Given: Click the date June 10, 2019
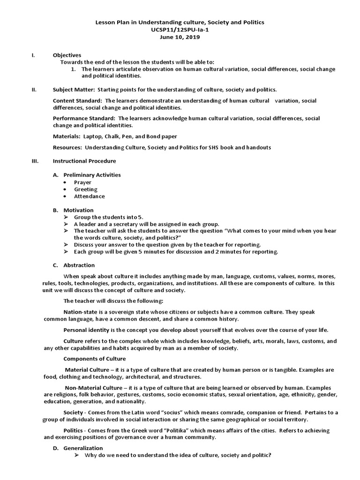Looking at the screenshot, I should (x=180, y=37).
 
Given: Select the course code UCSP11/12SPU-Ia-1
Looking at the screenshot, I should (x=180, y=30).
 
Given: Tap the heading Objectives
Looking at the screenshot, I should (x=67, y=55).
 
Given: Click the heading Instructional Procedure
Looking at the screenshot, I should (x=84, y=161).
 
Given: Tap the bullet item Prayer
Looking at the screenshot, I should (x=82, y=182).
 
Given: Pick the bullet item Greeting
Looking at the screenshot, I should (x=86, y=189).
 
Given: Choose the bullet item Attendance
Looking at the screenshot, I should (x=89, y=196).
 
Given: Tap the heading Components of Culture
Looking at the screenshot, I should (x=94, y=359).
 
